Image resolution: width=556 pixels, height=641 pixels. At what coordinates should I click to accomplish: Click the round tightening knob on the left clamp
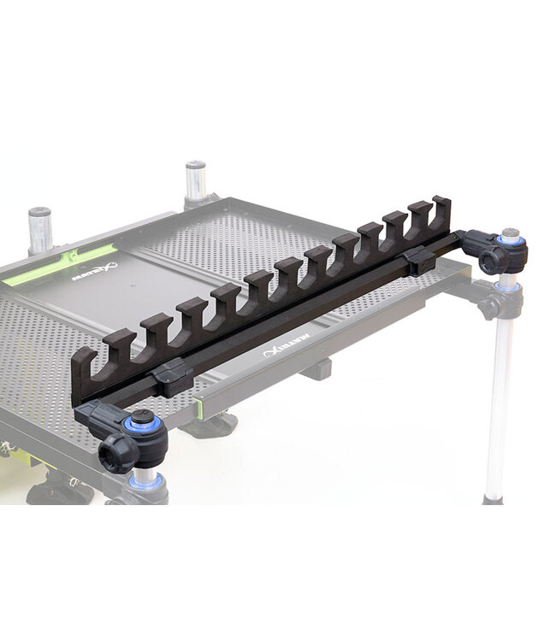[113, 454]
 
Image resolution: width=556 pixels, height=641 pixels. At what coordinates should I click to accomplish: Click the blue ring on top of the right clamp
[511, 240]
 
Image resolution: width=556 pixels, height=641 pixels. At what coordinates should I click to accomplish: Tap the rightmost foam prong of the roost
[440, 210]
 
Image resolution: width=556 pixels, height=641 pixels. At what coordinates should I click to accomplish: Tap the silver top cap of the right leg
[511, 232]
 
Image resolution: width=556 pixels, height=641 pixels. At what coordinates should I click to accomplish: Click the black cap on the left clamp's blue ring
[141, 416]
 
